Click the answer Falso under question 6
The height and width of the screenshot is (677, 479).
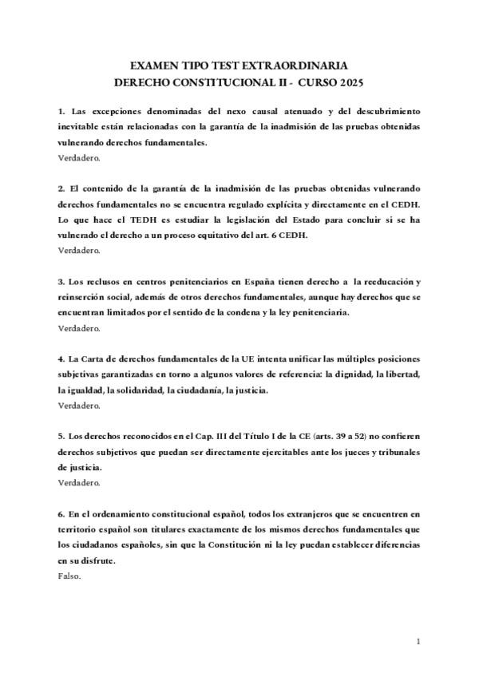point(69,576)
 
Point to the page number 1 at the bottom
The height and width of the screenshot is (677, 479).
point(418,641)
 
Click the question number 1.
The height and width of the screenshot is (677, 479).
point(61,110)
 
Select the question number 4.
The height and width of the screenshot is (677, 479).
point(61,359)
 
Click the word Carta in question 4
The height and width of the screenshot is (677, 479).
point(98,359)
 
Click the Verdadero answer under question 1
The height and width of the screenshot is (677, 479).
point(79,158)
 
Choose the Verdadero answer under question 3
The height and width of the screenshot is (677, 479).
point(79,328)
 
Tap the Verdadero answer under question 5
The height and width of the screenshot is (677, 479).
point(79,483)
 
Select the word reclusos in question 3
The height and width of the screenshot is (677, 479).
point(101,282)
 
